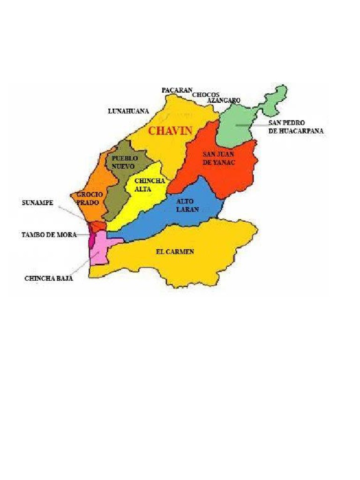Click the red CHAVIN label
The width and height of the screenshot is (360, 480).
coord(170,131)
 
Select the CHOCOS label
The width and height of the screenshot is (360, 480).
coord(205,95)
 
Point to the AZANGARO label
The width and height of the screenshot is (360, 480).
coord(224,100)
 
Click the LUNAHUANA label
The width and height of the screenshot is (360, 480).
coord(128,111)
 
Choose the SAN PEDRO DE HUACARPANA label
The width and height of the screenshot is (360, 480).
coord(296,127)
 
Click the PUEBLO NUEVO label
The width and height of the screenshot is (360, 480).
coord(124,162)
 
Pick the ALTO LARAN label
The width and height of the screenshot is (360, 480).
coord(187,205)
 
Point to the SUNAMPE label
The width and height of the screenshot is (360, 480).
coord(37,202)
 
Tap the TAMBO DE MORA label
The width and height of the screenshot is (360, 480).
coord(49,234)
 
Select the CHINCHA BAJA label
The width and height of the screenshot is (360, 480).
coord(49,278)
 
